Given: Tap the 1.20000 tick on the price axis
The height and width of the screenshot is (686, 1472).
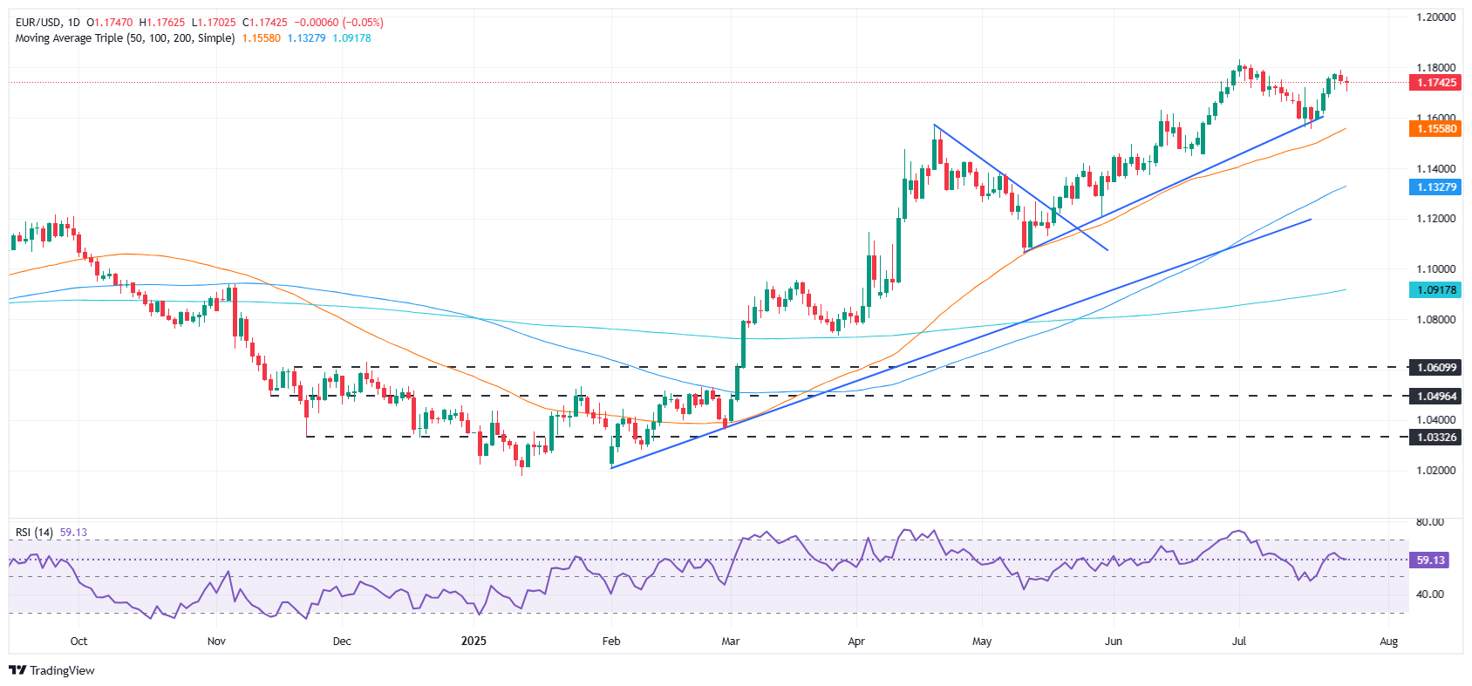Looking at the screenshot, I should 1435,17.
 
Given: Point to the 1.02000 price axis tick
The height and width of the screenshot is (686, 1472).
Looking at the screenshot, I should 1435,471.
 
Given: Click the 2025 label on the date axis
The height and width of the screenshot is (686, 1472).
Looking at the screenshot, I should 474,642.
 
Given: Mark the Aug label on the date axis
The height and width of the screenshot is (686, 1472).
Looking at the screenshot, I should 1388,642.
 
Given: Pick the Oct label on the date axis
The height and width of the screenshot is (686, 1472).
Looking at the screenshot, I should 78,642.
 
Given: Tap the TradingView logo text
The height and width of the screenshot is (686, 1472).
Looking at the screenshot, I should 62,670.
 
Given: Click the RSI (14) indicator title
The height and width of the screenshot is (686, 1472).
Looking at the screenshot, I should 34,533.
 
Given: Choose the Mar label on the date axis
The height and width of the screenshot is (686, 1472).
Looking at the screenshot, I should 730,642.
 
